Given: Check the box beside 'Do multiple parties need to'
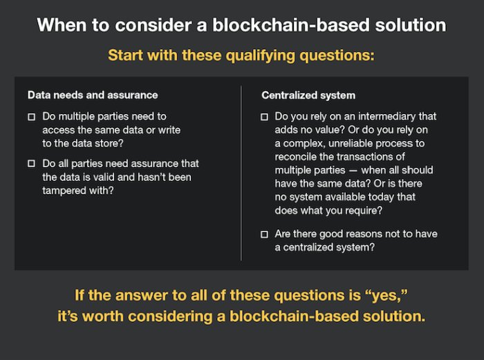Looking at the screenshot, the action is pos(32,117).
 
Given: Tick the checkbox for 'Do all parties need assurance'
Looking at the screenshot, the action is pos(32,163).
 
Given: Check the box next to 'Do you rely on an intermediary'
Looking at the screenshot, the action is pos(264,117).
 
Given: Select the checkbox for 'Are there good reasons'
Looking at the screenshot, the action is pos(264,234).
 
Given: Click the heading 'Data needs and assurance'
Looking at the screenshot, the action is pos(93,95).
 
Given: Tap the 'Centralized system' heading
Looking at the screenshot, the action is pos(308,95).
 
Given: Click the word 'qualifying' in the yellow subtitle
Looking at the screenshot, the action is pos(261,56).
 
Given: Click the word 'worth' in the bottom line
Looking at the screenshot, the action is pos(103,316).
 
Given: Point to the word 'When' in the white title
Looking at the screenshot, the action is pos(62,25).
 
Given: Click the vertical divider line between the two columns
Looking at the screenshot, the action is pos(241,173).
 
